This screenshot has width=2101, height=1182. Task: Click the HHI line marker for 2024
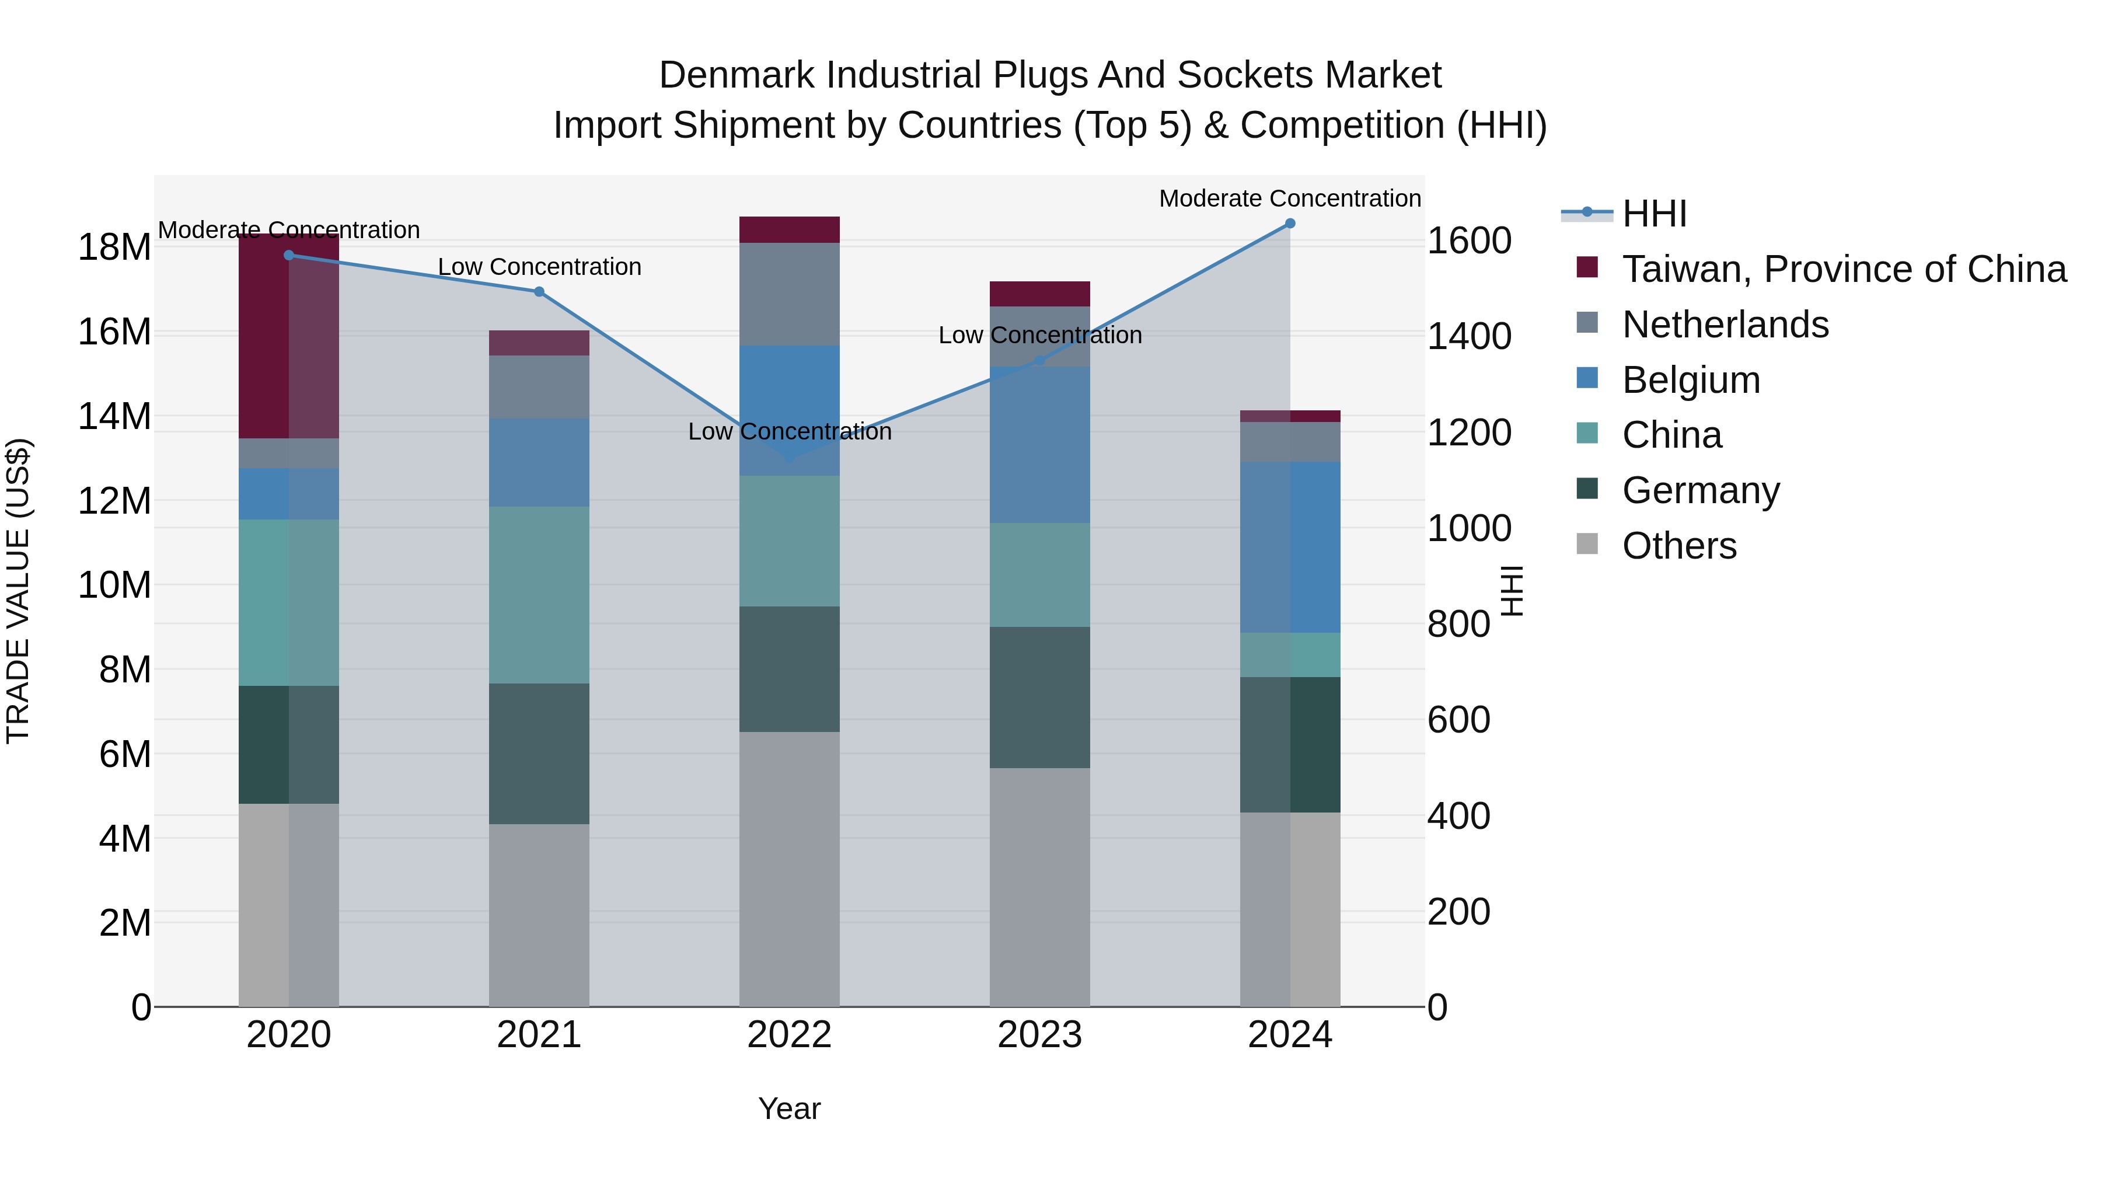[1289, 224]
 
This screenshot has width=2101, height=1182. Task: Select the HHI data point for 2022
[788, 458]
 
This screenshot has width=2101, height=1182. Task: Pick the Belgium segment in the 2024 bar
[1289, 546]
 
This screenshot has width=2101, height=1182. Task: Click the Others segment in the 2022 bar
[788, 868]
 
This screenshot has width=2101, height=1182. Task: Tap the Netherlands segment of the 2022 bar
[788, 294]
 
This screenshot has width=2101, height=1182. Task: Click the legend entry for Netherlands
[1725, 325]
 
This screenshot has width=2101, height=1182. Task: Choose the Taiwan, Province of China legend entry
[1843, 269]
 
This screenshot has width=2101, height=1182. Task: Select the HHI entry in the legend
[1654, 214]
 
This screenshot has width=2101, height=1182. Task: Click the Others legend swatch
[1587, 543]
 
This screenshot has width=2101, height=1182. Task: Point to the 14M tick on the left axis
[114, 417]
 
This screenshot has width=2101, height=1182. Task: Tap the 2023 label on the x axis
[1039, 1035]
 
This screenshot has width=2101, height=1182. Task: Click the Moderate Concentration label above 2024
[1289, 198]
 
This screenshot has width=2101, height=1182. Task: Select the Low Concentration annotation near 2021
[539, 267]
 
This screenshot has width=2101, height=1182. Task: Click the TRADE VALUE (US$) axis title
[18, 591]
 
